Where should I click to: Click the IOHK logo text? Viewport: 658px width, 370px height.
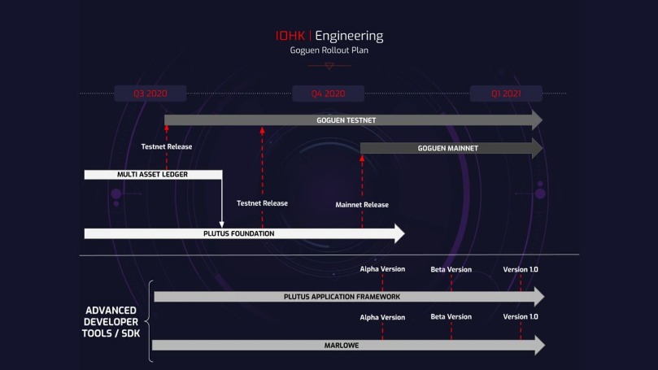[x=290, y=36]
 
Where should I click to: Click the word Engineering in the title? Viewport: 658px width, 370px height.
[x=349, y=37]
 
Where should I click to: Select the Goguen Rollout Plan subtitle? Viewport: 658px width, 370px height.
[x=329, y=50]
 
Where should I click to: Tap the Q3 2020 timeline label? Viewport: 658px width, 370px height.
[x=150, y=94]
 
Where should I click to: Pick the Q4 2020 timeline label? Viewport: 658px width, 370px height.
[x=328, y=94]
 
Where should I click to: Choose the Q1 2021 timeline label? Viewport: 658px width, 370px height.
[x=506, y=94]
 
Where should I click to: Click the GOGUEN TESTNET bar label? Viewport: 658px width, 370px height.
[x=346, y=120]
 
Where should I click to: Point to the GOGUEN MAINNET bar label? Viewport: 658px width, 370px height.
[x=448, y=149]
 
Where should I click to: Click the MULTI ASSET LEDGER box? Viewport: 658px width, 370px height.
[x=153, y=175]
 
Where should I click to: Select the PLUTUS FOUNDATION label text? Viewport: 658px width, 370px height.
[x=239, y=233]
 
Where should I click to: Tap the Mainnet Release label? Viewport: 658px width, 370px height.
[x=362, y=205]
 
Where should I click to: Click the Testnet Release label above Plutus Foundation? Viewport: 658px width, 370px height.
[x=262, y=203]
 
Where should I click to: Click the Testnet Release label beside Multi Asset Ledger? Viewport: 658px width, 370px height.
[x=167, y=147]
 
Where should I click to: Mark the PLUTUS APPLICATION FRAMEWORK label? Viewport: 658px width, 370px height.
[x=342, y=297]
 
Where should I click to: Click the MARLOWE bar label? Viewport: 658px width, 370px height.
[x=342, y=346]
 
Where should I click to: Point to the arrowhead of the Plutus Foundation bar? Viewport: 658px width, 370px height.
[x=399, y=233]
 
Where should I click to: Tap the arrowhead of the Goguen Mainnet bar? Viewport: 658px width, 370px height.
[x=537, y=149]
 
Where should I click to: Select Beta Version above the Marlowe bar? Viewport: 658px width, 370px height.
[x=451, y=316]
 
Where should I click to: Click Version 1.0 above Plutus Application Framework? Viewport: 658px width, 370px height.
[x=521, y=269]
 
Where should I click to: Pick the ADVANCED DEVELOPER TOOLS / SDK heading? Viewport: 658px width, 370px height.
[x=111, y=322]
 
